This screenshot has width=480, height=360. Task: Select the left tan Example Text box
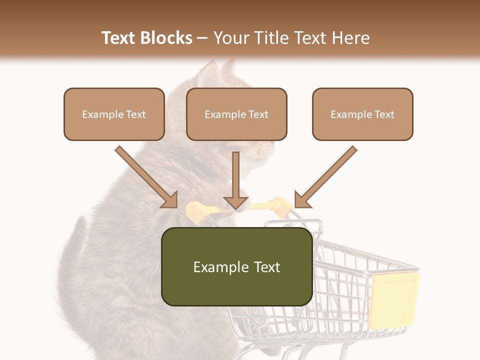(x=114, y=114)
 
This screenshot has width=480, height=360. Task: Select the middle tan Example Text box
(x=236, y=114)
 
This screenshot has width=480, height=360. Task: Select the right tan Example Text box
(x=362, y=114)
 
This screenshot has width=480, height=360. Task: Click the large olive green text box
(x=236, y=266)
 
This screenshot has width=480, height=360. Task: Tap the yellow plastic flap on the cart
(x=393, y=300)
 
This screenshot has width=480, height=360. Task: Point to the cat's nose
(x=272, y=144)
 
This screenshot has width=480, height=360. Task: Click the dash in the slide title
(x=202, y=38)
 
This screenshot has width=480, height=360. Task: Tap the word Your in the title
(x=232, y=38)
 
